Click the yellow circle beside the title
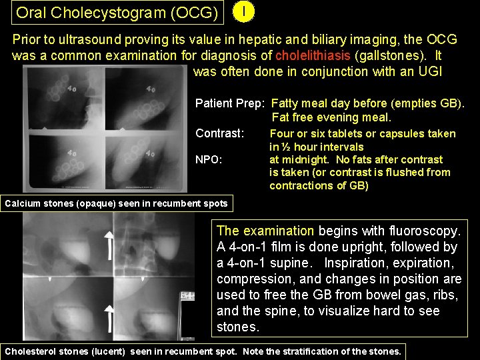pos(246,12)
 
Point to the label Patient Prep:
pos(230,103)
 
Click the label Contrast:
pos(219,133)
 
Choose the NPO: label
pos(209,160)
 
